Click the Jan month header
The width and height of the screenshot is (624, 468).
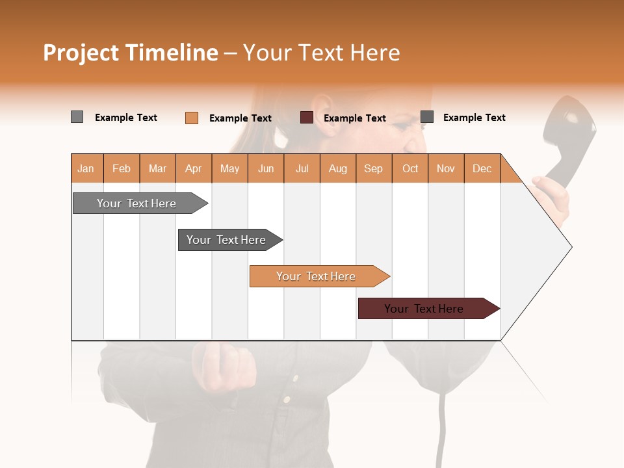point(86,168)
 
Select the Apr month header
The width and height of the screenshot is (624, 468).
point(194,168)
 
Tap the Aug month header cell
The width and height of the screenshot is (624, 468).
point(338,168)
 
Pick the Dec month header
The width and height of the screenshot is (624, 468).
point(482,168)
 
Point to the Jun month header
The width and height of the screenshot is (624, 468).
point(266,168)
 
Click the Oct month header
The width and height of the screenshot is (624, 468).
point(410,168)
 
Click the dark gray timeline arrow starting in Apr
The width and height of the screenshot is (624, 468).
point(227,240)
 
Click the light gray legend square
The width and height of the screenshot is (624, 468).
point(77,117)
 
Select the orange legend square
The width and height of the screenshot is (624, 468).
point(192,118)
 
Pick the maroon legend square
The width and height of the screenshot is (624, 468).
point(307,118)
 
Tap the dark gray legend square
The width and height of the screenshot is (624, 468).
point(427,117)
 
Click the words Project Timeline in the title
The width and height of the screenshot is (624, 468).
point(130,53)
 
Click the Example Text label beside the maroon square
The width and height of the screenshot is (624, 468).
point(355,118)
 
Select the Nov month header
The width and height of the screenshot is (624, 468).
point(446,168)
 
